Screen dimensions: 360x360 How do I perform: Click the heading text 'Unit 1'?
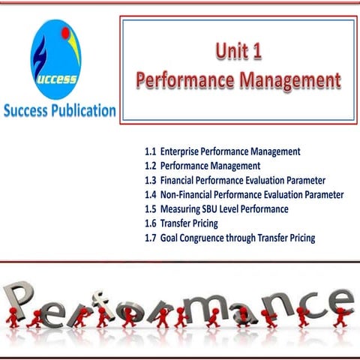tap(237, 53)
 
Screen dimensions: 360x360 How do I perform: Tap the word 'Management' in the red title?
tap(289, 79)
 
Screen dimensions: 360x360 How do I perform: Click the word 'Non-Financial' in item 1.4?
tap(189, 194)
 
